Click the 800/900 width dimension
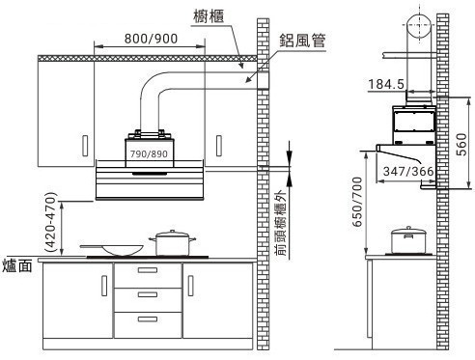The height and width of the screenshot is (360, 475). click(x=151, y=39)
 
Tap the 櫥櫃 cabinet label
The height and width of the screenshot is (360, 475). click(x=209, y=16)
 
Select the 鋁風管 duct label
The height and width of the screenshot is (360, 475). click(x=302, y=41)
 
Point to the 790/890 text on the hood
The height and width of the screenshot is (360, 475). click(x=149, y=153)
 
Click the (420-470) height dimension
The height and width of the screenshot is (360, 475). click(x=51, y=222)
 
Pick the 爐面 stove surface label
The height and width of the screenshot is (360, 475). click(x=17, y=266)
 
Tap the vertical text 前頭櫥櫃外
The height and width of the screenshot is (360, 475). click(x=280, y=223)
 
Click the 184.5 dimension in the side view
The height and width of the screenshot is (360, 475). click(x=386, y=84)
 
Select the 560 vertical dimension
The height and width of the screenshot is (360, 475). click(x=461, y=145)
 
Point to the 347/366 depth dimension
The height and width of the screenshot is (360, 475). click(x=408, y=171)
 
